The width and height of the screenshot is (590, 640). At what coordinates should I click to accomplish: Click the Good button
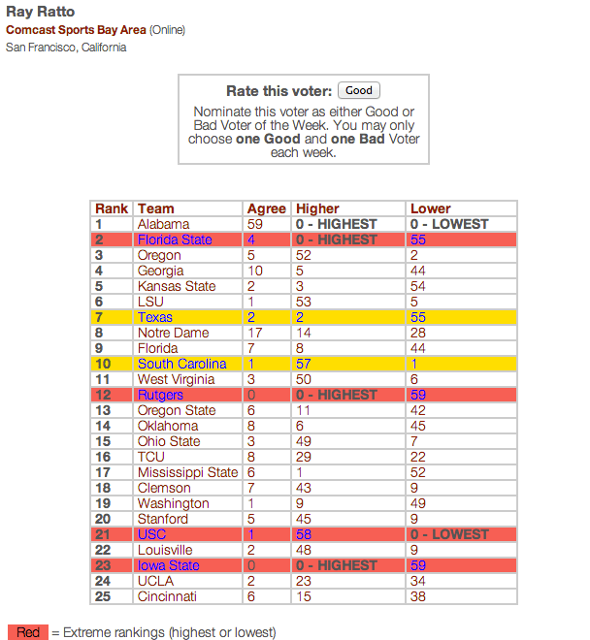[358, 90]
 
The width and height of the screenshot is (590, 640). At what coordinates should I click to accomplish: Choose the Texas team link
[155, 317]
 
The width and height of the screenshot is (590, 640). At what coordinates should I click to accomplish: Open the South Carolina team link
[181, 364]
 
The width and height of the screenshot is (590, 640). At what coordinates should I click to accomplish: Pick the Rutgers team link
[160, 395]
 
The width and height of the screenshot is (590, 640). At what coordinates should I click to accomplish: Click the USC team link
[152, 534]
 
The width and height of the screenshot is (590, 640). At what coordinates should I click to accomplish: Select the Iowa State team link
[169, 565]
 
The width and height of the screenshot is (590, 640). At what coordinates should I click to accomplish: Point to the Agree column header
[267, 208]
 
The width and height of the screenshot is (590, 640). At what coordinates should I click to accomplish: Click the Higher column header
[318, 208]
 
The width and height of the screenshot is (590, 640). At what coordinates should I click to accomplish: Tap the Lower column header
[431, 208]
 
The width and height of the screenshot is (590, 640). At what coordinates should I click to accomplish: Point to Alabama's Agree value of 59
[255, 224]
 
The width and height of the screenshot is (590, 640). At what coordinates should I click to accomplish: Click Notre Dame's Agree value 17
[255, 333]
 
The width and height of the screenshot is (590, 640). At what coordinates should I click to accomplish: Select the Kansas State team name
[176, 286]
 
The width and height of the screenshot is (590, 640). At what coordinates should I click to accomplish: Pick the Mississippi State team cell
[187, 472]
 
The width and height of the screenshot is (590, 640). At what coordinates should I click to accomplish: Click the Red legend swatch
[28, 632]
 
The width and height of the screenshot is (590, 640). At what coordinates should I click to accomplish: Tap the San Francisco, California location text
[66, 48]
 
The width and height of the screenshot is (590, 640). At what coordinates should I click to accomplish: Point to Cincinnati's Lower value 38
[419, 596]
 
